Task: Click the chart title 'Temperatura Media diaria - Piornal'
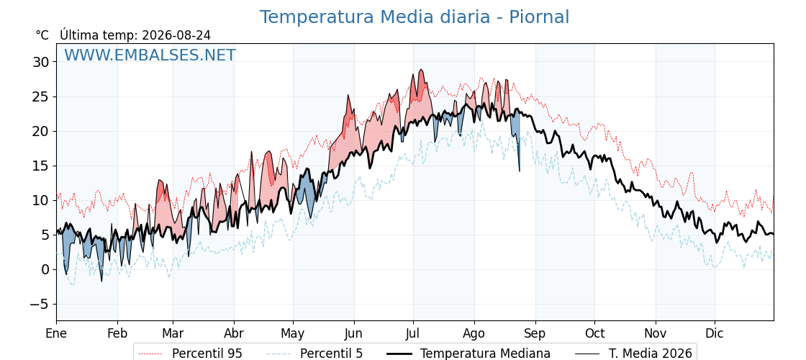pos(415,17)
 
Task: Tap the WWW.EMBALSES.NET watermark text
pos(150,55)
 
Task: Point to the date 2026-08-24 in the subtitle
pos(176,35)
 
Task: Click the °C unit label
pos(42,35)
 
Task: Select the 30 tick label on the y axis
pos(40,62)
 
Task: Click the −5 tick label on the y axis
pos(38,304)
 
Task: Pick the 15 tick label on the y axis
pos(40,166)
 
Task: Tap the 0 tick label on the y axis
pos(45,269)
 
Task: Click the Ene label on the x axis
pos(57,333)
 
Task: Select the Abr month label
pos(234,333)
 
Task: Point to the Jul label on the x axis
pos(413,333)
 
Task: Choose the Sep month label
pos(535,333)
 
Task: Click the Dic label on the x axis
pos(715,333)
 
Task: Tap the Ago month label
pos(474,333)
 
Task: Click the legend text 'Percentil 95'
pos(207,354)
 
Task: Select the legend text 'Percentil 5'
pos(332,354)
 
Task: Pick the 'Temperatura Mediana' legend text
pos(485,354)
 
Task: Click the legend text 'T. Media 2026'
pos(651,354)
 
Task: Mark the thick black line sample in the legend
pos(399,354)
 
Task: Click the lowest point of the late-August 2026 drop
pos(519,171)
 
